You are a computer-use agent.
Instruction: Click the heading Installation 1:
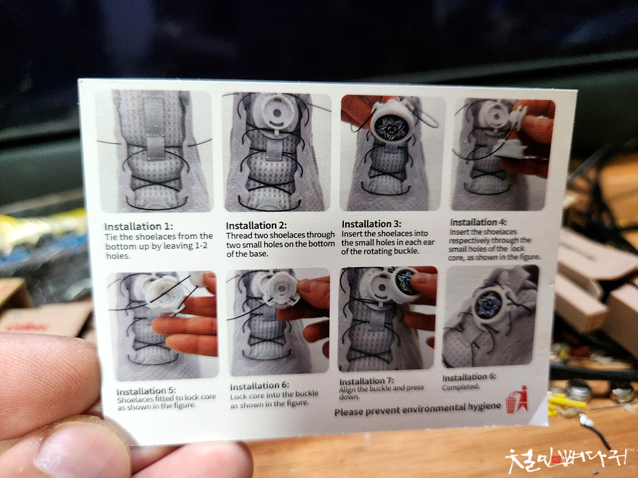coord(138,226)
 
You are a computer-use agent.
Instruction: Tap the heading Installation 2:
coord(256,225)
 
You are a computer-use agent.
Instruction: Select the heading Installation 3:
coord(371,224)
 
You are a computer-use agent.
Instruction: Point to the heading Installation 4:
coord(478,222)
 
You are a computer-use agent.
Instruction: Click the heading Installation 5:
coord(146,391)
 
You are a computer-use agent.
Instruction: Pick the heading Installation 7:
coord(367,381)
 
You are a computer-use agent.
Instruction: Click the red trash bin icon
coord(517,400)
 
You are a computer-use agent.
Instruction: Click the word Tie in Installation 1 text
coord(111,237)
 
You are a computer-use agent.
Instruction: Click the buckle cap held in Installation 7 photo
coord(407,284)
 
